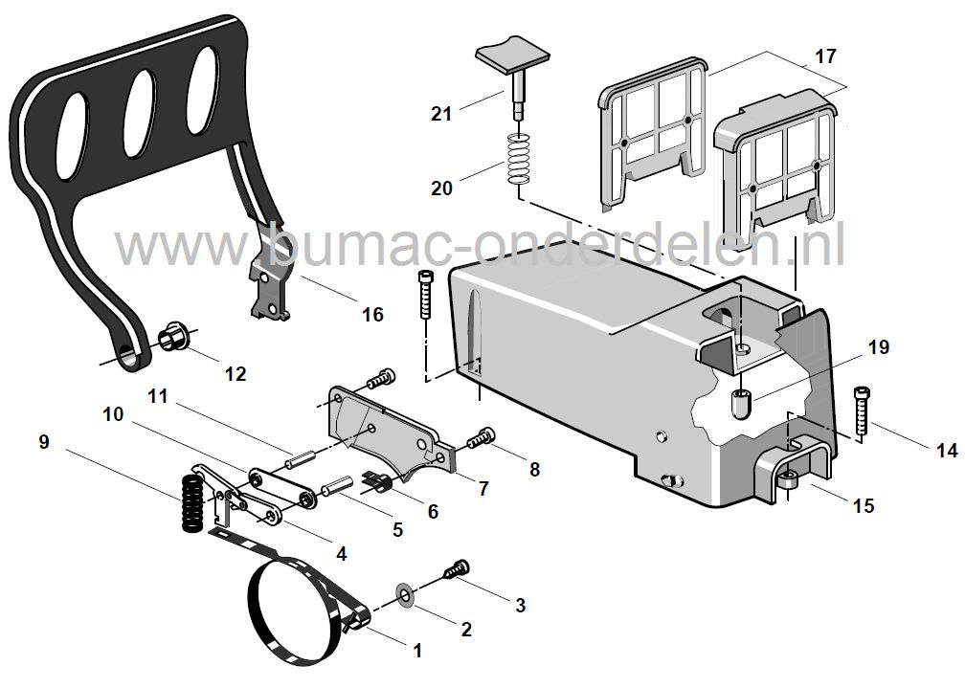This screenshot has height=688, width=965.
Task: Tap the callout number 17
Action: [x=825, y=56]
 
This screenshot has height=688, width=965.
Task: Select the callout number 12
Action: [x=235, y=373]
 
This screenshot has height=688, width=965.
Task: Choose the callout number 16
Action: [x=371, y=313]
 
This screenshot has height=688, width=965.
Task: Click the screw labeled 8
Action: [x=479, y=439]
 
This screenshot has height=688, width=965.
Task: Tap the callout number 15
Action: [x=863, y=504]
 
